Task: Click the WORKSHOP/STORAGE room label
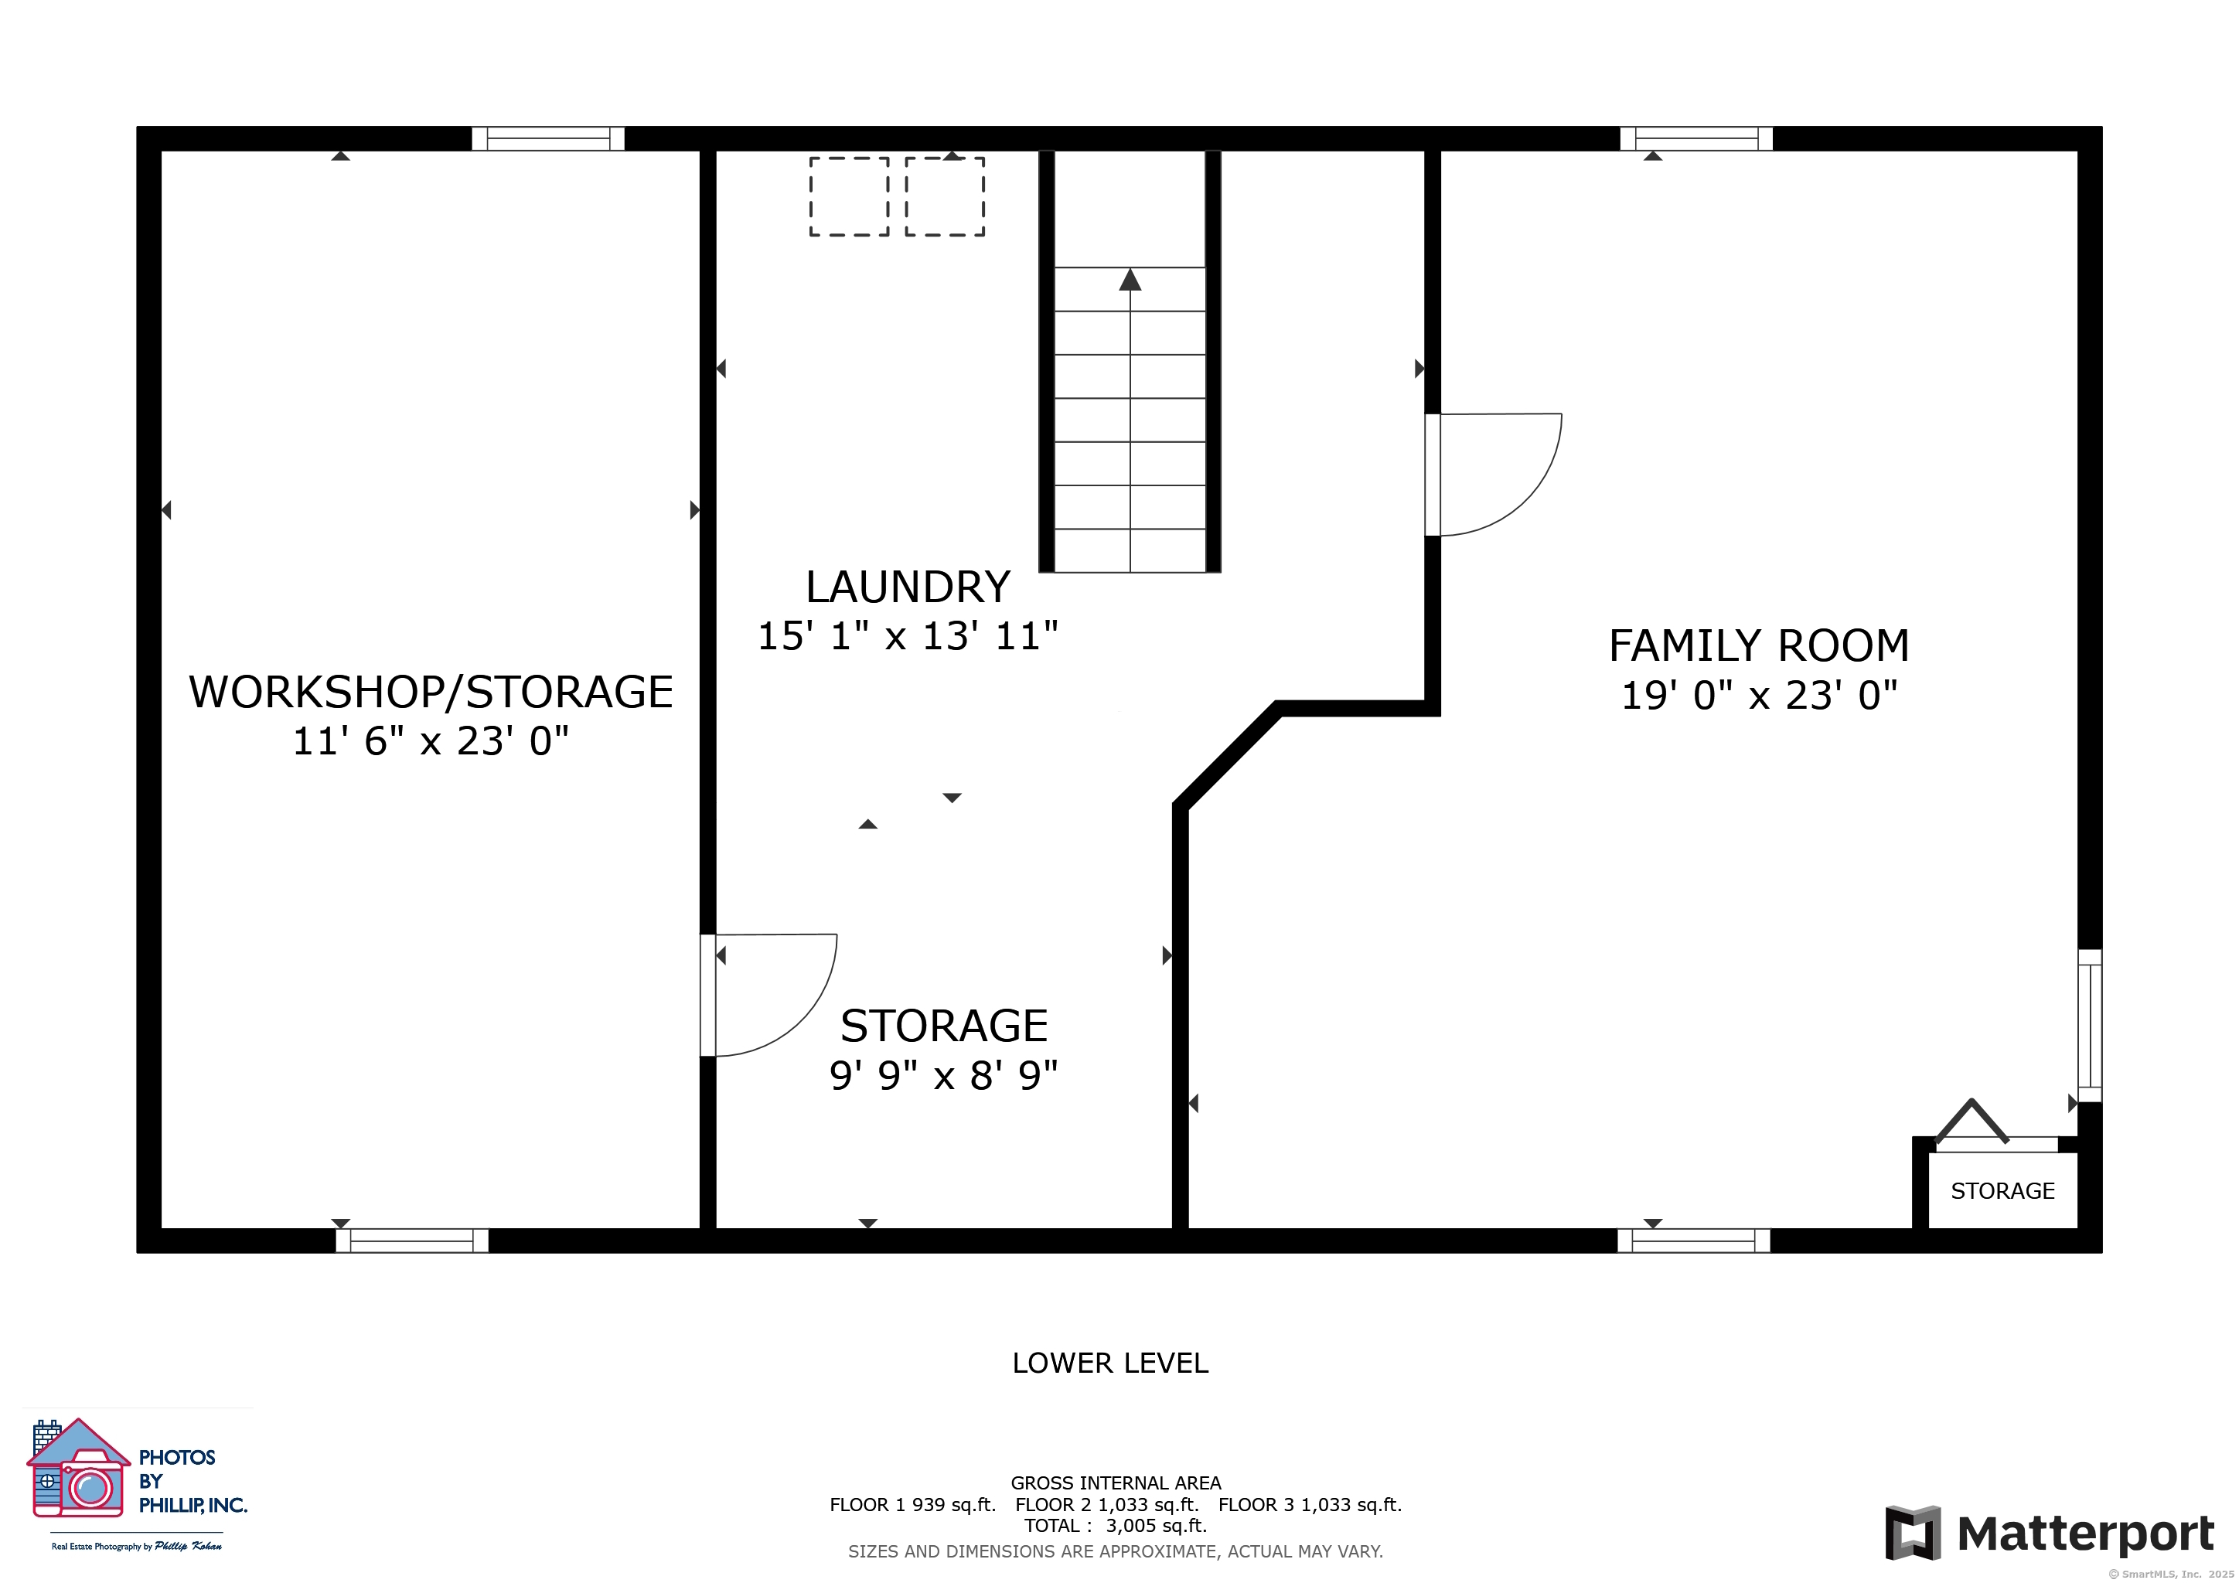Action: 431,692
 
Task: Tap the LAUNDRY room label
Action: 908,587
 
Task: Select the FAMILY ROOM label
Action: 1758,645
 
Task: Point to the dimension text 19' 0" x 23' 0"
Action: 1758,695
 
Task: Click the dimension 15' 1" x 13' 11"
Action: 908,635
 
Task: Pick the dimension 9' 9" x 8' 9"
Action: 943,1075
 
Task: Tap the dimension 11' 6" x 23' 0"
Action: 431,740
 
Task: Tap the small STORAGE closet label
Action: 2002,1190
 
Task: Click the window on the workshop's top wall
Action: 548,138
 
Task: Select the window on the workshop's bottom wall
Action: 411,1240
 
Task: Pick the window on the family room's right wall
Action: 2089,1026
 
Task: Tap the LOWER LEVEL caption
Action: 1109,1363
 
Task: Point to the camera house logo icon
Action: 78,1468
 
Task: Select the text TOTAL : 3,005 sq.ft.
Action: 1115,1526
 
